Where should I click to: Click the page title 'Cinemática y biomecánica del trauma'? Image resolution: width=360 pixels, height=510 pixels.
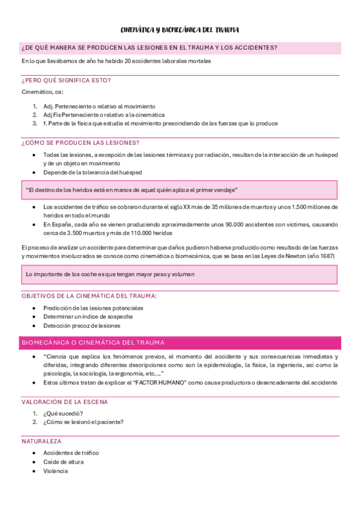pyautogui.click(x=180, y=29)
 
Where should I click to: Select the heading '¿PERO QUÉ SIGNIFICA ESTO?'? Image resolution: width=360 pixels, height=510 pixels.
pyautogui.click(x=66, y=80)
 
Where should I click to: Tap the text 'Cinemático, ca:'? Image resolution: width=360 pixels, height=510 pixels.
pyautogui.click(x=43, y=92)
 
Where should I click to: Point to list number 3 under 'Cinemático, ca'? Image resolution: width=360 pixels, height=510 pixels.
pyautogui.click(x=35, y=123)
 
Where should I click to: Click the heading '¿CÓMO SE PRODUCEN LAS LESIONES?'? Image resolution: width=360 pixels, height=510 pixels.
pyautogui.click(x=81, y=143)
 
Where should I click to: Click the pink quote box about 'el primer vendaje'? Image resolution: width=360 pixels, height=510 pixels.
pyautogui.click(x=180, y=190)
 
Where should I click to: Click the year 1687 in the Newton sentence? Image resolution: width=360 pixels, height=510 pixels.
pyautogui.click(x=326, y=256)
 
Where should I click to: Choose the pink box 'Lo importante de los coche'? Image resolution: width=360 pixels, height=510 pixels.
pyautogui.click(x=180, y=274)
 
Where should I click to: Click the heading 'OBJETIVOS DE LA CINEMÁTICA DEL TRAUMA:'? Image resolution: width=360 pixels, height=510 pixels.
pyautogui.click(x=89, y=296)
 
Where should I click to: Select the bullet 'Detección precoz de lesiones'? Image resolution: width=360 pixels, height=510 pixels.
pyautogui.click(x=82, y=325)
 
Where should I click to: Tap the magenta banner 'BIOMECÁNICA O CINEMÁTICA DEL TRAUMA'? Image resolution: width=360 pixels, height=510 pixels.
pyautogui.click(x=180, y=343)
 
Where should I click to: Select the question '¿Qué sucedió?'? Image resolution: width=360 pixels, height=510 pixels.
pyautogui.click(x=63, y=413)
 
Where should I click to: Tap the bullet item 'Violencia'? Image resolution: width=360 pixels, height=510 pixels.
pyautogui.click(x=55, y=471)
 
